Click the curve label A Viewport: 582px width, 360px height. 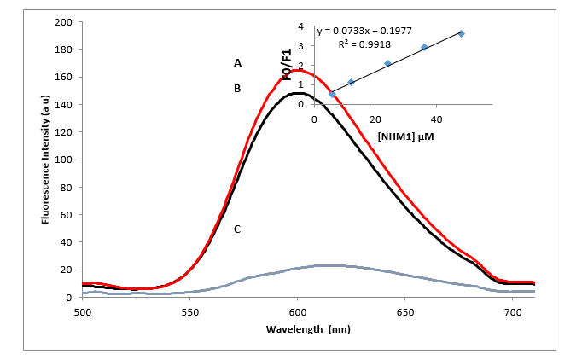[x=239, y=63]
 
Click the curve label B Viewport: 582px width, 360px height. [x=239, y=88]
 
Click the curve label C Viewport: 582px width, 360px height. [x=238, y=229]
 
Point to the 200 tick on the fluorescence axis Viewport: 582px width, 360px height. [x=63, y=22]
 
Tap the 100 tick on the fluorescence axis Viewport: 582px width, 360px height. [x=63, y=160]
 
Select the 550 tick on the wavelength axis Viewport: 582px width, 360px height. [x=190, y=312]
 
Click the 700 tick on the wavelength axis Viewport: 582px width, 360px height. [x=513, y=312]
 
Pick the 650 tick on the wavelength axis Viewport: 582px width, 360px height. [x=405, y=312]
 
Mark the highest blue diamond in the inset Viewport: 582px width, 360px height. [x=462, y=33]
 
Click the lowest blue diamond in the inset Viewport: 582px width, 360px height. [x=332, y=94]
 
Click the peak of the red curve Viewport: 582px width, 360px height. [x=297, y=70]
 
